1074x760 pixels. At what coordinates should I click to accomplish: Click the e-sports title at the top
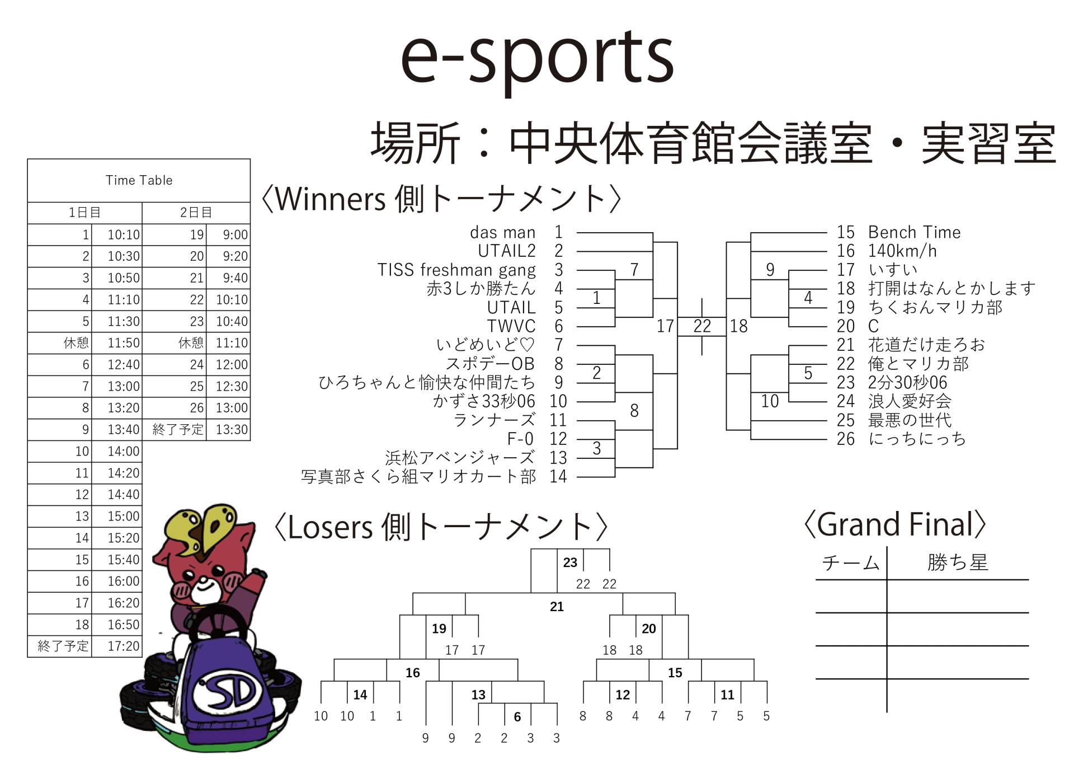click(537, 59)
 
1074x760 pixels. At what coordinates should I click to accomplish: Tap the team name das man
click(502, 232)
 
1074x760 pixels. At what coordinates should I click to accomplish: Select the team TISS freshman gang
click(456, 270)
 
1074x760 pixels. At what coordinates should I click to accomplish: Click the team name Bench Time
click(914, 232)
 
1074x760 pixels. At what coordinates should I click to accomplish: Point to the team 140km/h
click(902, 251)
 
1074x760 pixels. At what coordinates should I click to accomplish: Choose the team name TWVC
click(511, 326)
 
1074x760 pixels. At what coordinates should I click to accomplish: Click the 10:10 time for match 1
click(123, 234)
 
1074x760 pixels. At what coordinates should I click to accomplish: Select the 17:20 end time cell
click(123, 646)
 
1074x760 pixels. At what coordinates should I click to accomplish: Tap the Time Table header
click(139, 180)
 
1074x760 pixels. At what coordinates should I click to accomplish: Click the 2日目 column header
click(196, 213)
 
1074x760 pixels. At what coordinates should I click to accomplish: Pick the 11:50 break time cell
click(123, 343)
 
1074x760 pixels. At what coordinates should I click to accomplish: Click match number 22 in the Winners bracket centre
click(702, 326)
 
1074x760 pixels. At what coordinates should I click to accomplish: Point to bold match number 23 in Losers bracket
click(570, 562)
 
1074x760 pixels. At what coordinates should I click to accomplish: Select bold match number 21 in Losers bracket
click(557, 607)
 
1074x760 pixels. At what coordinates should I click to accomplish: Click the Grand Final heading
click(894, 524)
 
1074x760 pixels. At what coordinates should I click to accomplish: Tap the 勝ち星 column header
click(958, 562)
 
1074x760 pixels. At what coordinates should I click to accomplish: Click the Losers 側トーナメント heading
click(440, 527)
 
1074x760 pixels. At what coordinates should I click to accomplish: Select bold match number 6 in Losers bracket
click(517, 717)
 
